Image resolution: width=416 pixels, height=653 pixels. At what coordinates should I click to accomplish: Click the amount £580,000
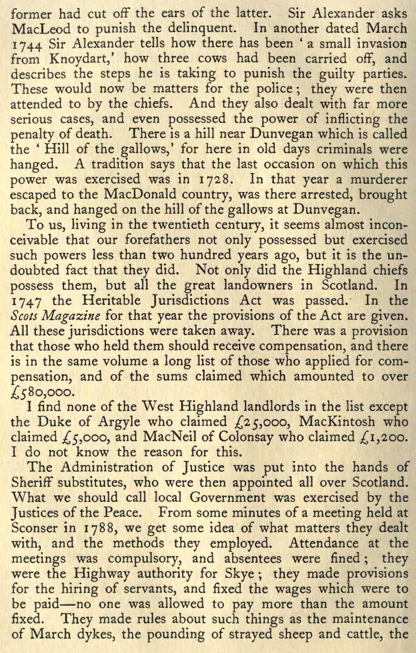coord(41,391)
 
